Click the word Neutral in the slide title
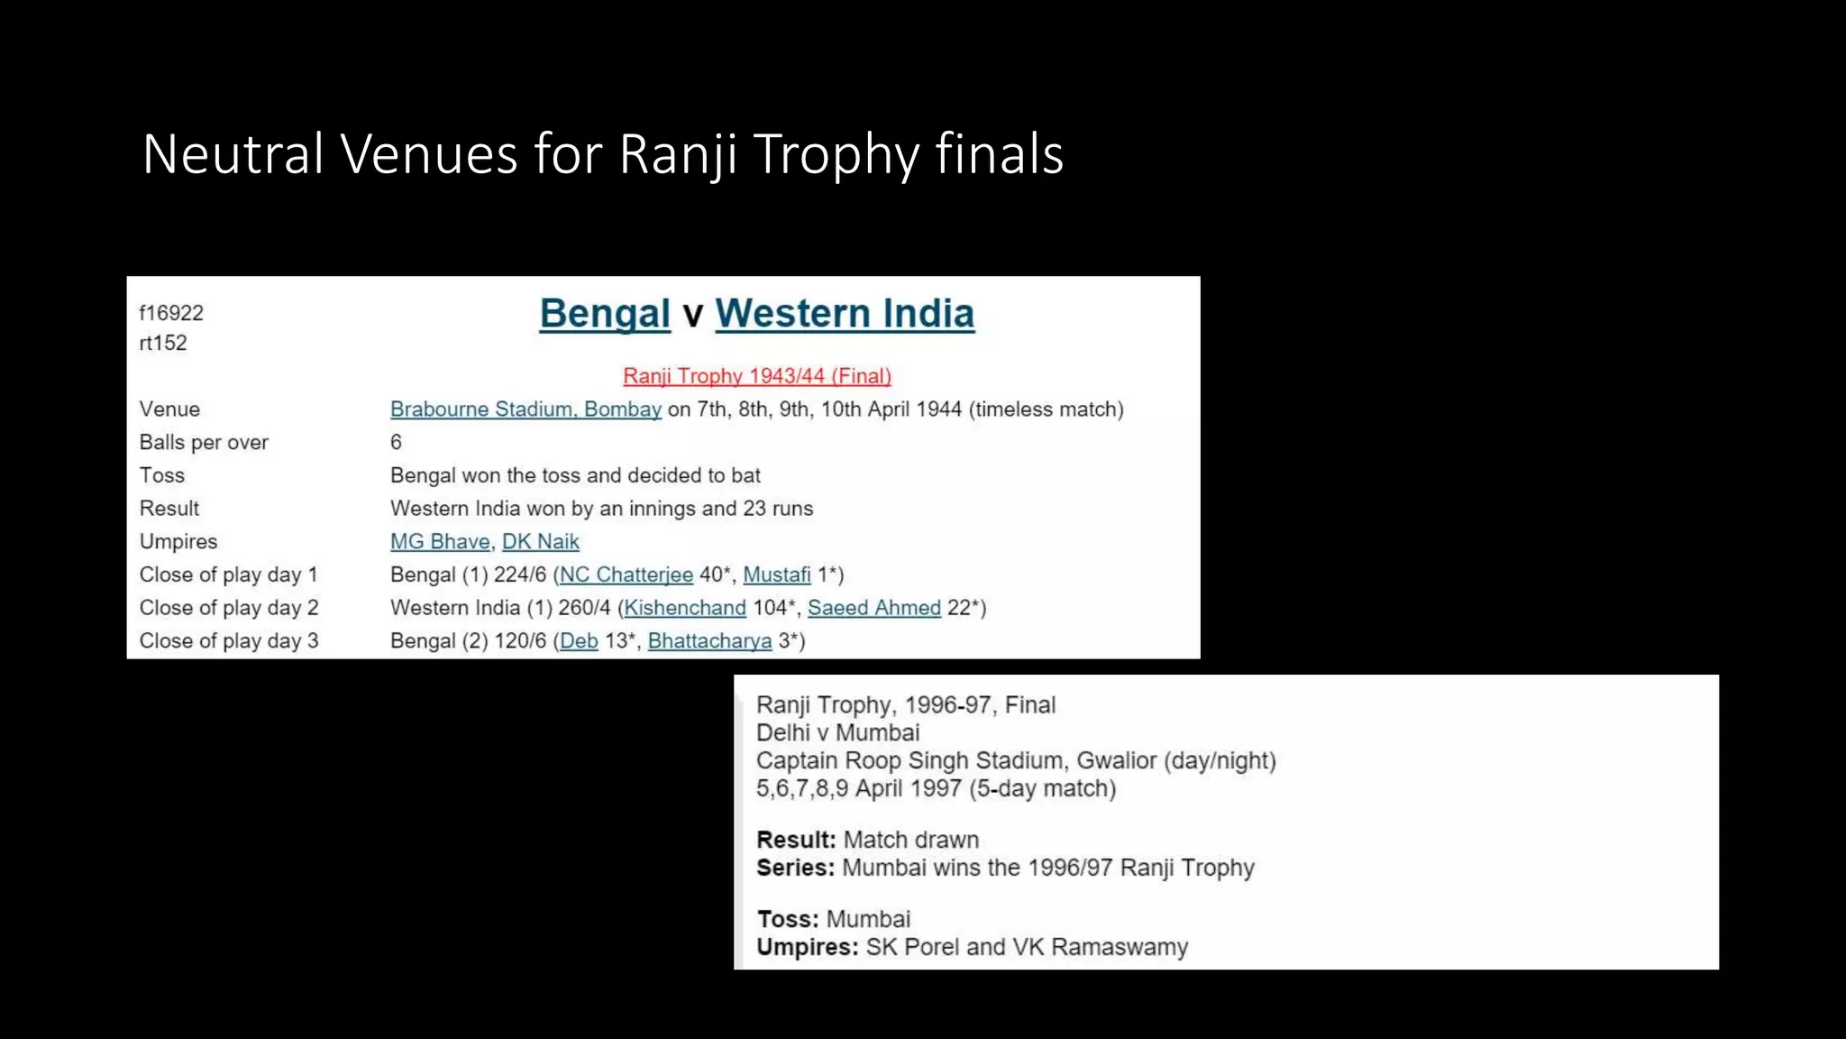pos(233,153)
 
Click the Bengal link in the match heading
pos(605,314)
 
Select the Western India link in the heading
pos(845,314)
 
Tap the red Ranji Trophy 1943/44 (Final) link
pos(756,376)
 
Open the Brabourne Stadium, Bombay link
pos(525,409)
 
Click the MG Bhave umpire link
pos(440,542)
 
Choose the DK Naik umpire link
pos(540,542)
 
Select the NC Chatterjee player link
pos(626,575)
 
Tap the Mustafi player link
pos(777,575)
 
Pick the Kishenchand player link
pos(685,608)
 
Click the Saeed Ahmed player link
pos(873,608)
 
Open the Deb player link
pos(579,641)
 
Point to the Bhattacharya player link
pos(709,641)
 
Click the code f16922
pos(171,313)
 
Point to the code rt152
pos(163,343)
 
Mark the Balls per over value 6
pos(396,442)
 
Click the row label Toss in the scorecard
pos(162,475)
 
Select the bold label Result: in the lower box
pos(796,840)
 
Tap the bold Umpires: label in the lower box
pos(807,947)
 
